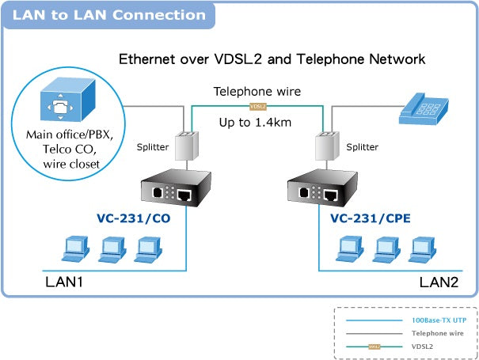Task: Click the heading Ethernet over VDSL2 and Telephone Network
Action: pyautogui.click(x=272, y=59)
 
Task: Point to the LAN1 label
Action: pyautogui.click(x=63, y=281)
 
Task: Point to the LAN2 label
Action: pyautogui.click(x=439, y=281)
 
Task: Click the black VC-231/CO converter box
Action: pyautogui.click(x=169, y=192)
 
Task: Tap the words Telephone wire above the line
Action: pyautogui.click(x=257, y=91)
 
